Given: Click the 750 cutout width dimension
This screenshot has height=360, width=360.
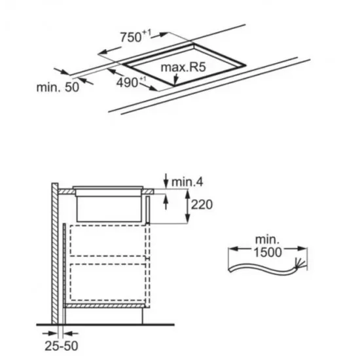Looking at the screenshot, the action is click(x=135, y=36).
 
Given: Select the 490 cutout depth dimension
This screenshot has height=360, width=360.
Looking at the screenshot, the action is click(x=131, y=82).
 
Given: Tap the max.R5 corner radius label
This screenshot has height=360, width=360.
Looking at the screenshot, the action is click(x=183, y=67).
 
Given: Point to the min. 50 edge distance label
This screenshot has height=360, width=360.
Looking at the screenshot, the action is click(x=58, y=87).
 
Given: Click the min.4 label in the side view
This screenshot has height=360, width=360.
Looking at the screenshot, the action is click(x=187, y=182).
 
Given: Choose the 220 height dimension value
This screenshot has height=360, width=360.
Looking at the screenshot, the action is click(x=202, y=205).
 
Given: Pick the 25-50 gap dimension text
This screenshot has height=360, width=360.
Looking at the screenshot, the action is click(x=62, y=346).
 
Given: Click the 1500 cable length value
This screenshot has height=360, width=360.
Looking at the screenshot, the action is click(x=268, y=252).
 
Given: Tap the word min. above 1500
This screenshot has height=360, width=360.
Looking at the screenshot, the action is click(x=268, y=240).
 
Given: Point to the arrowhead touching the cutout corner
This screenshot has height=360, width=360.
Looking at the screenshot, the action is click(x=175, y=80).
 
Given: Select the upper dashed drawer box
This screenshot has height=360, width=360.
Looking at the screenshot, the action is click(x=108, y=241).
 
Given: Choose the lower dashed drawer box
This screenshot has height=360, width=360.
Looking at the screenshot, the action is click(x=108, y=282).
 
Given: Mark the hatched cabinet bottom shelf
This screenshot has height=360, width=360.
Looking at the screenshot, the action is click(x=105, y=306).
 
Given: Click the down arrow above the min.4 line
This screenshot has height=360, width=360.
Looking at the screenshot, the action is click(x=166, y=181).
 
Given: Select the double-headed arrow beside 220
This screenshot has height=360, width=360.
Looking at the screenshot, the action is click(x=188, y=206).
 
